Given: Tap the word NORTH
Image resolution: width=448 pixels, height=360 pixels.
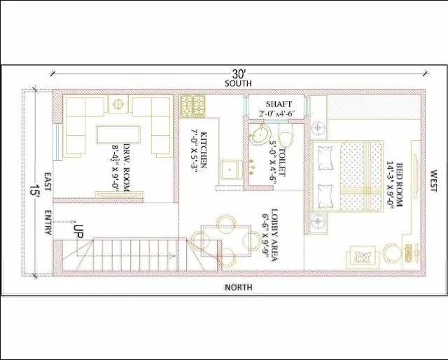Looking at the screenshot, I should tap(238, 288).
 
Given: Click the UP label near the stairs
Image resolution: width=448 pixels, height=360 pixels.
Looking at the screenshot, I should tap(79, 228).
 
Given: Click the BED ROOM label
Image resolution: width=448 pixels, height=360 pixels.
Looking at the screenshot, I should tap(400, 182).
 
